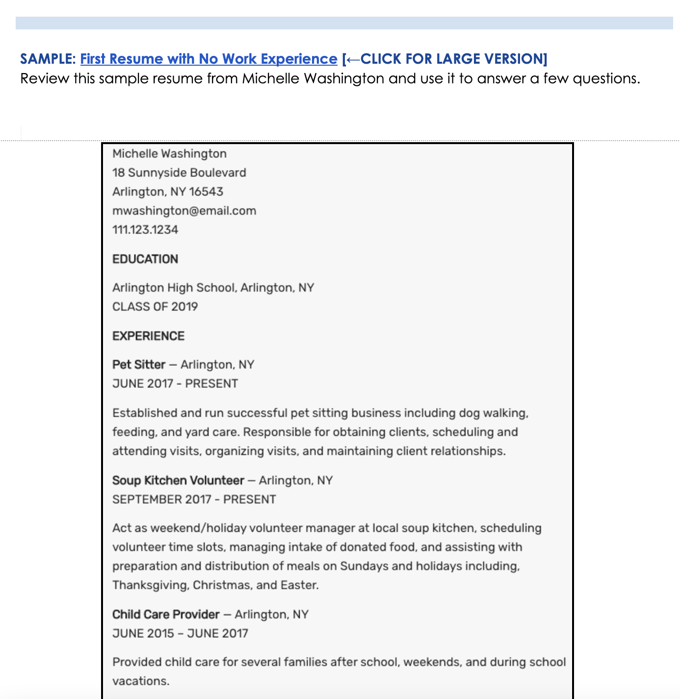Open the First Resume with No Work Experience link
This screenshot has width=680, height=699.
[209, 59]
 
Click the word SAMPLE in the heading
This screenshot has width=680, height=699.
[47, 59]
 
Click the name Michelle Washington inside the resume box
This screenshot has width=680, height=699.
[169, 153]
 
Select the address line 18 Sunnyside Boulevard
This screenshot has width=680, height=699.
[179, 173]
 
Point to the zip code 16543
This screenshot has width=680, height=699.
[206, 192]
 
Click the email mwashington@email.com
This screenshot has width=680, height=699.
[184, 211]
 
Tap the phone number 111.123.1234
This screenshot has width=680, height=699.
[145, 230]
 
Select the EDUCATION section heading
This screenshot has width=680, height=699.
[145, 259]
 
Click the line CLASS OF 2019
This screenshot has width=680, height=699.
[155, 307]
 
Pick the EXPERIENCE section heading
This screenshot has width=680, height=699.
[148, 336]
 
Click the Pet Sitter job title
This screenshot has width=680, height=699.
[139, 365]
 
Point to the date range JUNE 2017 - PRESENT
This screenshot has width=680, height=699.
[175, 384]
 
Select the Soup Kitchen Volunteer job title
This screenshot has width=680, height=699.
[178, 480]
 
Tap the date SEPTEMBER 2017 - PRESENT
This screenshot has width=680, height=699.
[194, 499]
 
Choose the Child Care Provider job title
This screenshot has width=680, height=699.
[166, 614]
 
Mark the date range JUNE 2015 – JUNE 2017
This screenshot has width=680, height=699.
[180, 633]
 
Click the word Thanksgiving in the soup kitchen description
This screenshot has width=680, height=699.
[151, 585]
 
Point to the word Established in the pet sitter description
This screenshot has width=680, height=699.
[145, 413]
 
